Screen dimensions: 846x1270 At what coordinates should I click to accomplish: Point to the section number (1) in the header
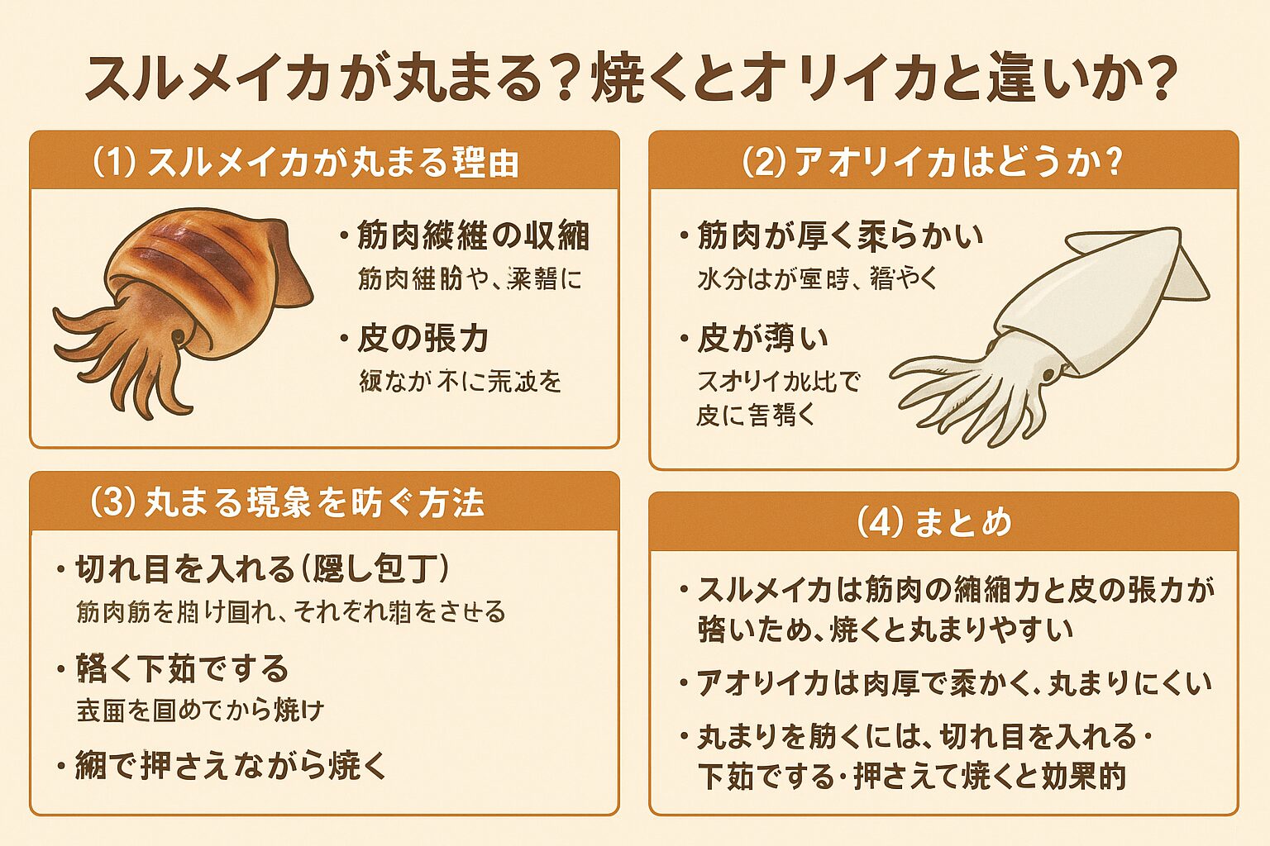(x=113, y=162)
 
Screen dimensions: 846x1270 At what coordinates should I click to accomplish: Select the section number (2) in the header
(x=762, y=162)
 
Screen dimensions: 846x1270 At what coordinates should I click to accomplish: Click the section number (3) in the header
(x=112, y=502)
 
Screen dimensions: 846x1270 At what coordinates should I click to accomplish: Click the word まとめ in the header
(x=963, y=522)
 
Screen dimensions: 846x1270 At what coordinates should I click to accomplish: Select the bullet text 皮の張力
(x=423, y=339)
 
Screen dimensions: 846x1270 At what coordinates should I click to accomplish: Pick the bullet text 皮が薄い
(x=762, y=339)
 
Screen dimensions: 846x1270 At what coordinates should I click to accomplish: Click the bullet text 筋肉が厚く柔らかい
(x=840, y=236)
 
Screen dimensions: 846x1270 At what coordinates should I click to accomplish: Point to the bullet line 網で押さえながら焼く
(x=231, y=766)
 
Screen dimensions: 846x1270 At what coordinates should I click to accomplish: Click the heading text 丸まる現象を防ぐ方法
(x=315, y=502)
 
